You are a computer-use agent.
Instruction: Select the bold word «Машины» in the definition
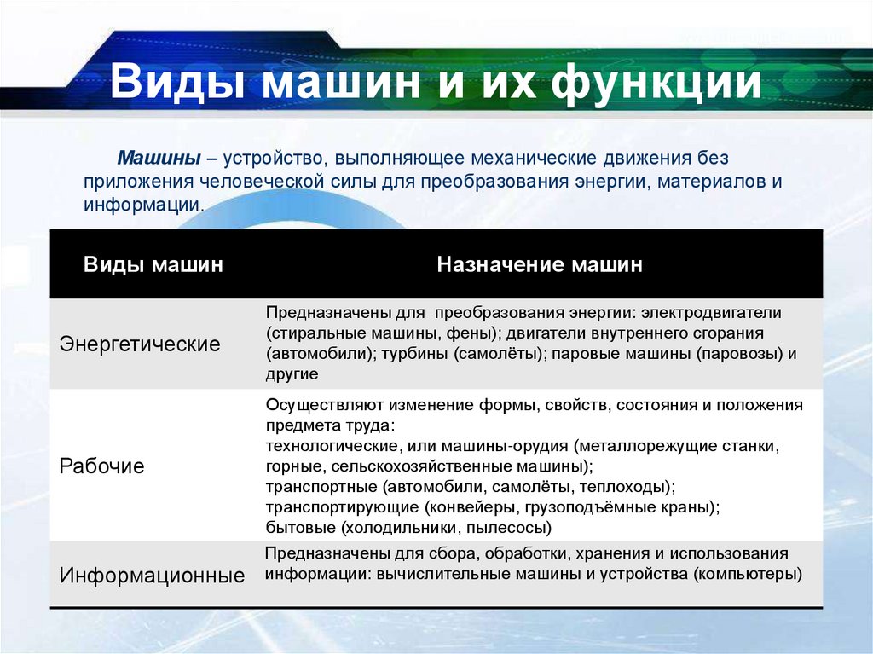pos(159,159)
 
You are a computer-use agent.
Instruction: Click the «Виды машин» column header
pos(153,265)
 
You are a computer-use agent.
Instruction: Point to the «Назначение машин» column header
pos(540,265)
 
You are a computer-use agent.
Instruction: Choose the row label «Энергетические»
pos(140,344)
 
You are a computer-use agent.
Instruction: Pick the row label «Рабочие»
pos(102,466)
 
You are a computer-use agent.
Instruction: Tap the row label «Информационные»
pos(152,576)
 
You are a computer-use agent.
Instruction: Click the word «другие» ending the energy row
pos(292,373)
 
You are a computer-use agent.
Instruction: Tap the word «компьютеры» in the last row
pos(748,574)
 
